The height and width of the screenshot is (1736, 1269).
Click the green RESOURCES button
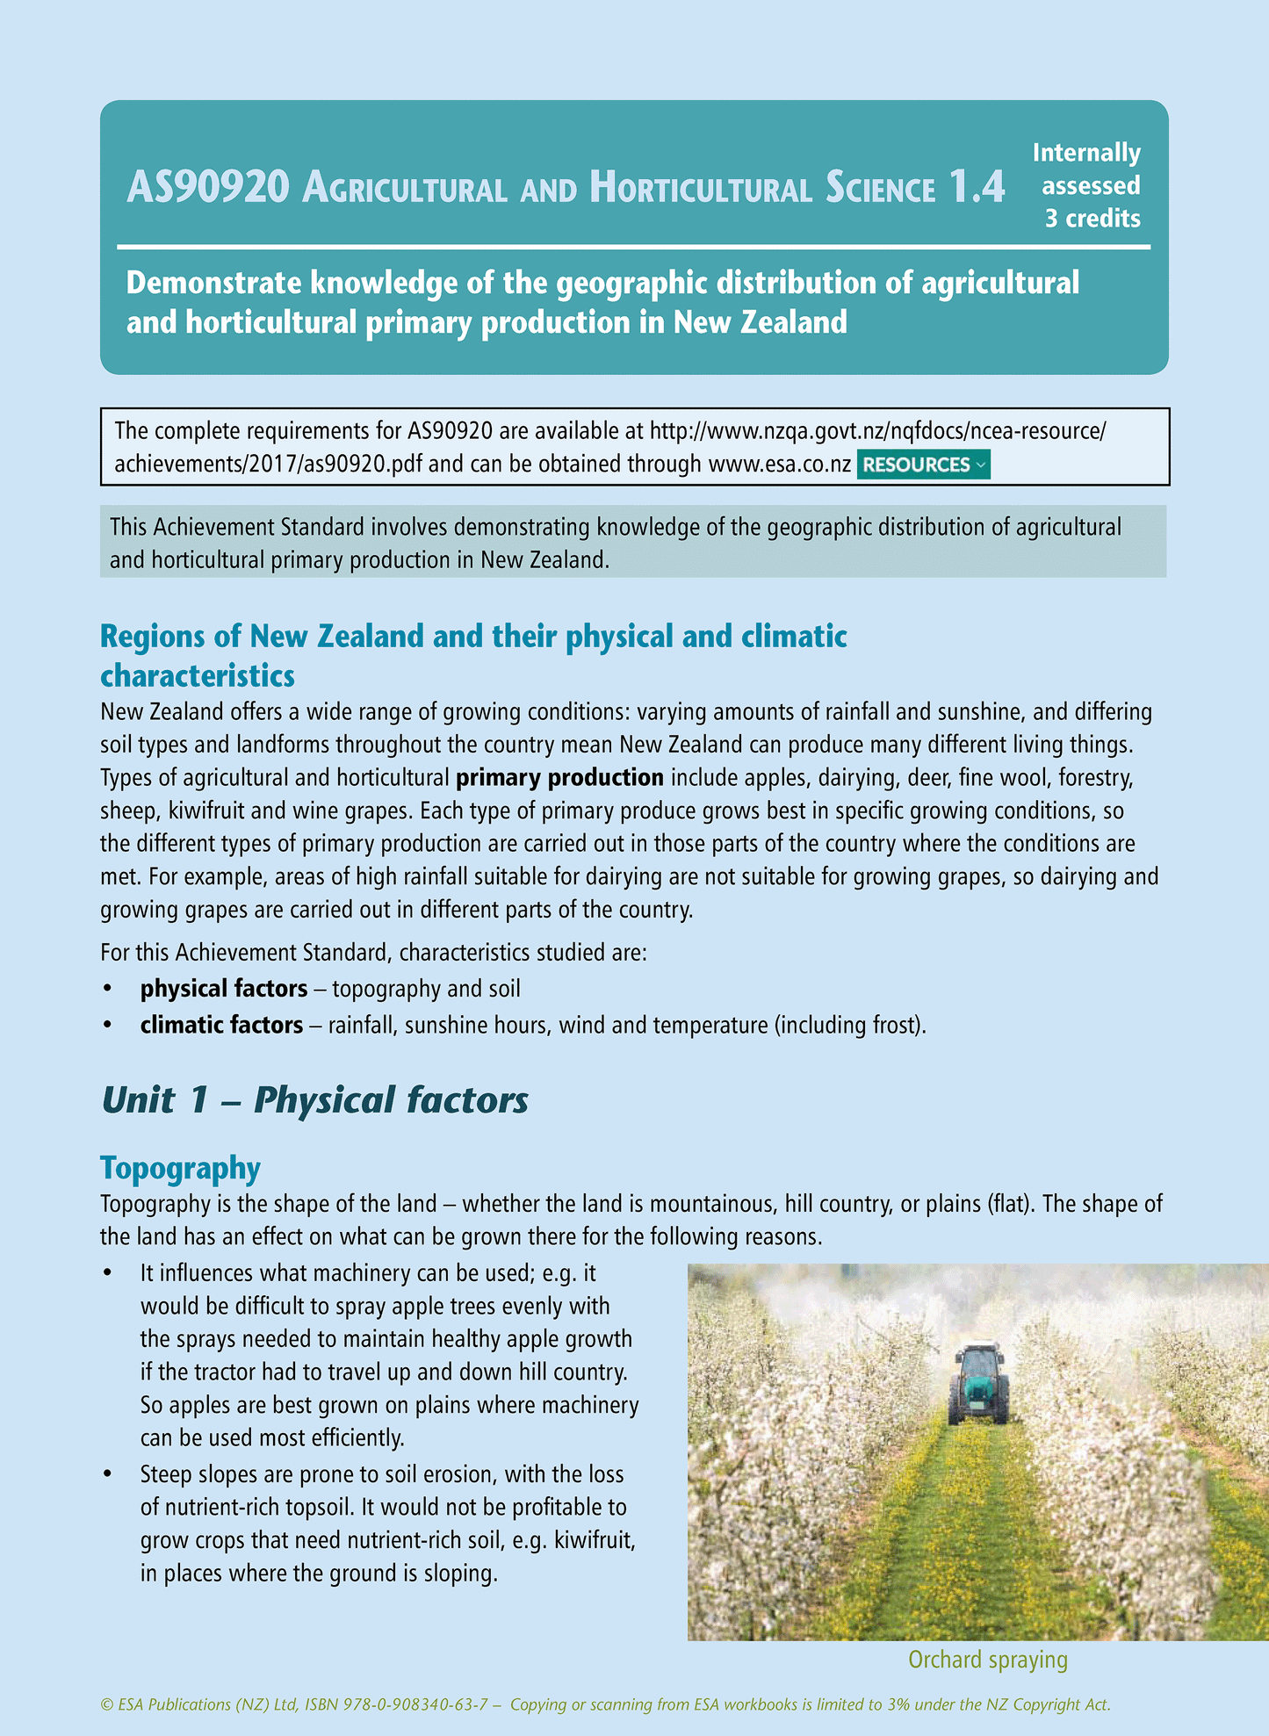pos(923,465)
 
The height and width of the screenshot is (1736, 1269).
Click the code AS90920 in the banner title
pos(208,187)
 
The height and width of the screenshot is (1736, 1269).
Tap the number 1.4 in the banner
pos(977,187)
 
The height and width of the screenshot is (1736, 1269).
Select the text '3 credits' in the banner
pos(1092,219)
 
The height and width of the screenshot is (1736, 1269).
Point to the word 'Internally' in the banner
pos(1086,153)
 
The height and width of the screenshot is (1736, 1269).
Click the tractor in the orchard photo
pos(977,1383)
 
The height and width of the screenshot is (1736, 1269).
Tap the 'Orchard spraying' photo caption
pos(987,1660)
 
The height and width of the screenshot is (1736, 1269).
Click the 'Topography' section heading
pos(180,1169)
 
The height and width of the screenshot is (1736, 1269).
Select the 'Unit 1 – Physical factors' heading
pos(314,1100)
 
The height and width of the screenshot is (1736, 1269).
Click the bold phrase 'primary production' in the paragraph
pos(559,778)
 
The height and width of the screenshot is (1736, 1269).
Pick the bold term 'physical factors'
pos(224,989)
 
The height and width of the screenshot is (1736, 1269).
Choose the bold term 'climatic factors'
pos(221,1025)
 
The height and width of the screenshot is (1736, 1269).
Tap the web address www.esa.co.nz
pos(779,465)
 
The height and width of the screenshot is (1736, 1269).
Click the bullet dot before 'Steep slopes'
pos(107,1474)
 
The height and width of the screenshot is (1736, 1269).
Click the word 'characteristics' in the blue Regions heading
pos(198,676)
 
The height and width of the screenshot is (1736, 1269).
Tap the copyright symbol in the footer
pos(107,1705)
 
